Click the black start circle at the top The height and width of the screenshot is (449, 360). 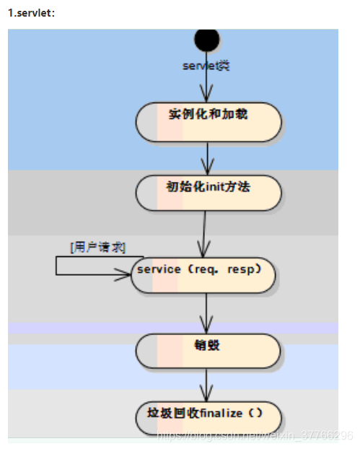[x=207, y=40]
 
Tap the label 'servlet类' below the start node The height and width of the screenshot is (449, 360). [x=205, y=65]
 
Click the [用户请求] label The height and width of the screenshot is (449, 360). [x=98, y=247]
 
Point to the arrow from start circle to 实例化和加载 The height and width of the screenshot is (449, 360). [x=207, y=83]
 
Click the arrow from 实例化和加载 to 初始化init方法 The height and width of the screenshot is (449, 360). [x=208, y=157]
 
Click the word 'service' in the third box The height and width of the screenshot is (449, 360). [x=159, y=269]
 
